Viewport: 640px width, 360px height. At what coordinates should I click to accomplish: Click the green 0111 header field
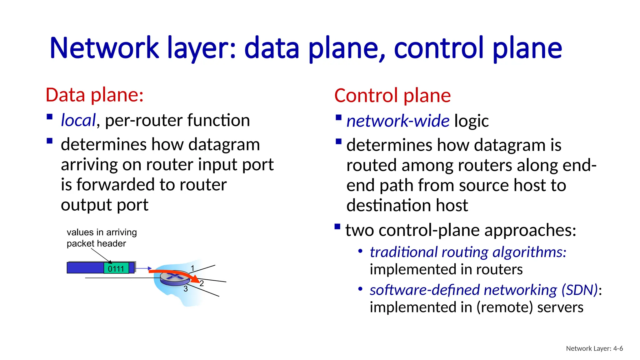pos(116,268)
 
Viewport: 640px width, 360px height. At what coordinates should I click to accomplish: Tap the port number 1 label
pos(193,268)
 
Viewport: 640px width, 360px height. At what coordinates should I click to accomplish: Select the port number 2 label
pos(202,283)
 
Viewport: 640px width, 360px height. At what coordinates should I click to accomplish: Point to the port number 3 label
pos(186,289)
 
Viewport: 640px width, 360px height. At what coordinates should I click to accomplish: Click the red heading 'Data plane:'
pos(94,95)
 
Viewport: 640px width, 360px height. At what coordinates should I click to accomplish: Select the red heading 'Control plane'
pos(392,96)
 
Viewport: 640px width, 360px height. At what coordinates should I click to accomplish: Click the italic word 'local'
pos(78,120)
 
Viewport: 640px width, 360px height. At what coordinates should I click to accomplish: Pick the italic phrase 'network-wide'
pos(398,121)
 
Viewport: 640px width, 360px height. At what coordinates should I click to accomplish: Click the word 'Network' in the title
pos(104,48)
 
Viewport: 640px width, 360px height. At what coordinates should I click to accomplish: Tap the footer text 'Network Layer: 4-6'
pos(594,348)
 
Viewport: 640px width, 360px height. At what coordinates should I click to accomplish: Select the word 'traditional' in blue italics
pos(403,252)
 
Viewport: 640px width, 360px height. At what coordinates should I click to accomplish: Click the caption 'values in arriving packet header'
pos(101,238)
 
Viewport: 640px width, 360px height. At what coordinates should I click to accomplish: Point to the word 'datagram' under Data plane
pos(224,145)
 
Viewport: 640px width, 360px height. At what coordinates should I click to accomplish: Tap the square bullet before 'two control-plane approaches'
pos(337,227)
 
